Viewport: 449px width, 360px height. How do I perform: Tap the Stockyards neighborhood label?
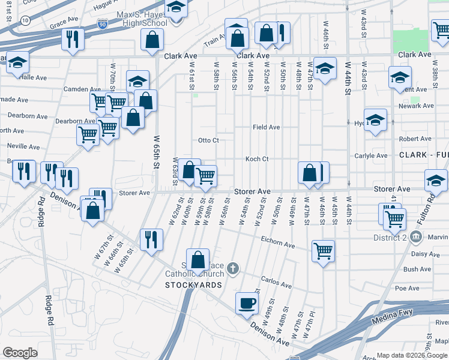coord(194,284)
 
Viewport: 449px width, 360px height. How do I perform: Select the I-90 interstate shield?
coord(103,25)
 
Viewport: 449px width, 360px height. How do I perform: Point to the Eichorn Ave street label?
coord(277,245)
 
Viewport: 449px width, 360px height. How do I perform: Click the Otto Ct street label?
coord(208,140)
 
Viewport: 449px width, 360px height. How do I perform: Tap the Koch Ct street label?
coord(256,159)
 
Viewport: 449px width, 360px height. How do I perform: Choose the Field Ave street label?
coord(266,127)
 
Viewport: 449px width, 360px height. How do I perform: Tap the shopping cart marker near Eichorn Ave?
coord(323,251)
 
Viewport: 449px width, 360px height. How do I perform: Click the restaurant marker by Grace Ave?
coord(72,40)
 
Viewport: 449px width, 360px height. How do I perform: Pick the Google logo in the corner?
coord(20,353)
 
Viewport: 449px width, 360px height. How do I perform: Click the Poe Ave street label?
coord(407,289)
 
